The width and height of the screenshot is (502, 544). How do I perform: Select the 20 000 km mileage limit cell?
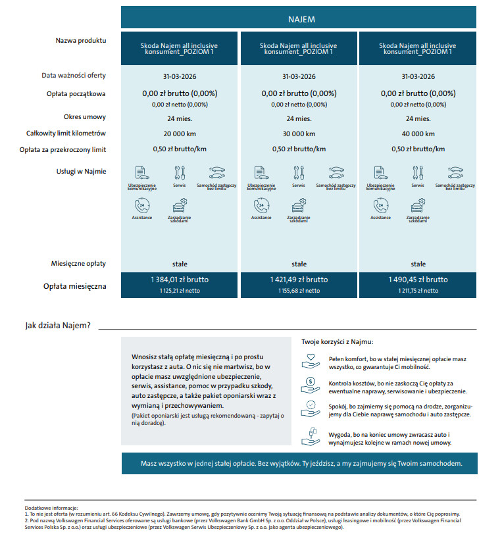click(x=180, y=134)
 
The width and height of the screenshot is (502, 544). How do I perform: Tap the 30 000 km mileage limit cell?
click(x=299, y=134)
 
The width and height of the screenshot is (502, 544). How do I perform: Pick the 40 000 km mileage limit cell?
click(x=418, y=134)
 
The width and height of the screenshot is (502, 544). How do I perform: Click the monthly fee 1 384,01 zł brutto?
click(x=180, y=280)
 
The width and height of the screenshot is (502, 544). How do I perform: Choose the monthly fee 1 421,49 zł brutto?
click(x=299, y=280)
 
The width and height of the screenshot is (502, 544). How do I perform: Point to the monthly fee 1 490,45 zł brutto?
click(x=418, y=280)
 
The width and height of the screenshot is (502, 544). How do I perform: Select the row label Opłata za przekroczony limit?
click(x=63, y=149)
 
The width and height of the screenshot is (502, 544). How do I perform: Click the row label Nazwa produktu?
click(x=81, y=41)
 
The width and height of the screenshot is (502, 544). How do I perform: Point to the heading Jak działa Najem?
click(x=58, y=326)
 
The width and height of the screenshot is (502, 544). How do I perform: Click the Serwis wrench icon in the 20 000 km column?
click(x=180, y=172)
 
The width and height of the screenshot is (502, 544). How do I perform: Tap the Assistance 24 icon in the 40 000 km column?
click(x=380, y=205)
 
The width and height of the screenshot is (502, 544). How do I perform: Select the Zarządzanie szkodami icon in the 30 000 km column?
click(x=298, y=205)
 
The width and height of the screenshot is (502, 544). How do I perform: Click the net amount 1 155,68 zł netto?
click(x=299, y=290)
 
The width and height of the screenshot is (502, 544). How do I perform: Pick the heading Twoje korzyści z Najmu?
click(x=338, y=342)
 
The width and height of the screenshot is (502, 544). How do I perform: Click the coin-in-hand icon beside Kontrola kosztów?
click(x=309, y=383)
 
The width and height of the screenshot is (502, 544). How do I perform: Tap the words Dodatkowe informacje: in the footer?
click(x=51, y=508)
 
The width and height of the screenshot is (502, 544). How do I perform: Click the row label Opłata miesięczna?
click(x=74, y=286)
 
